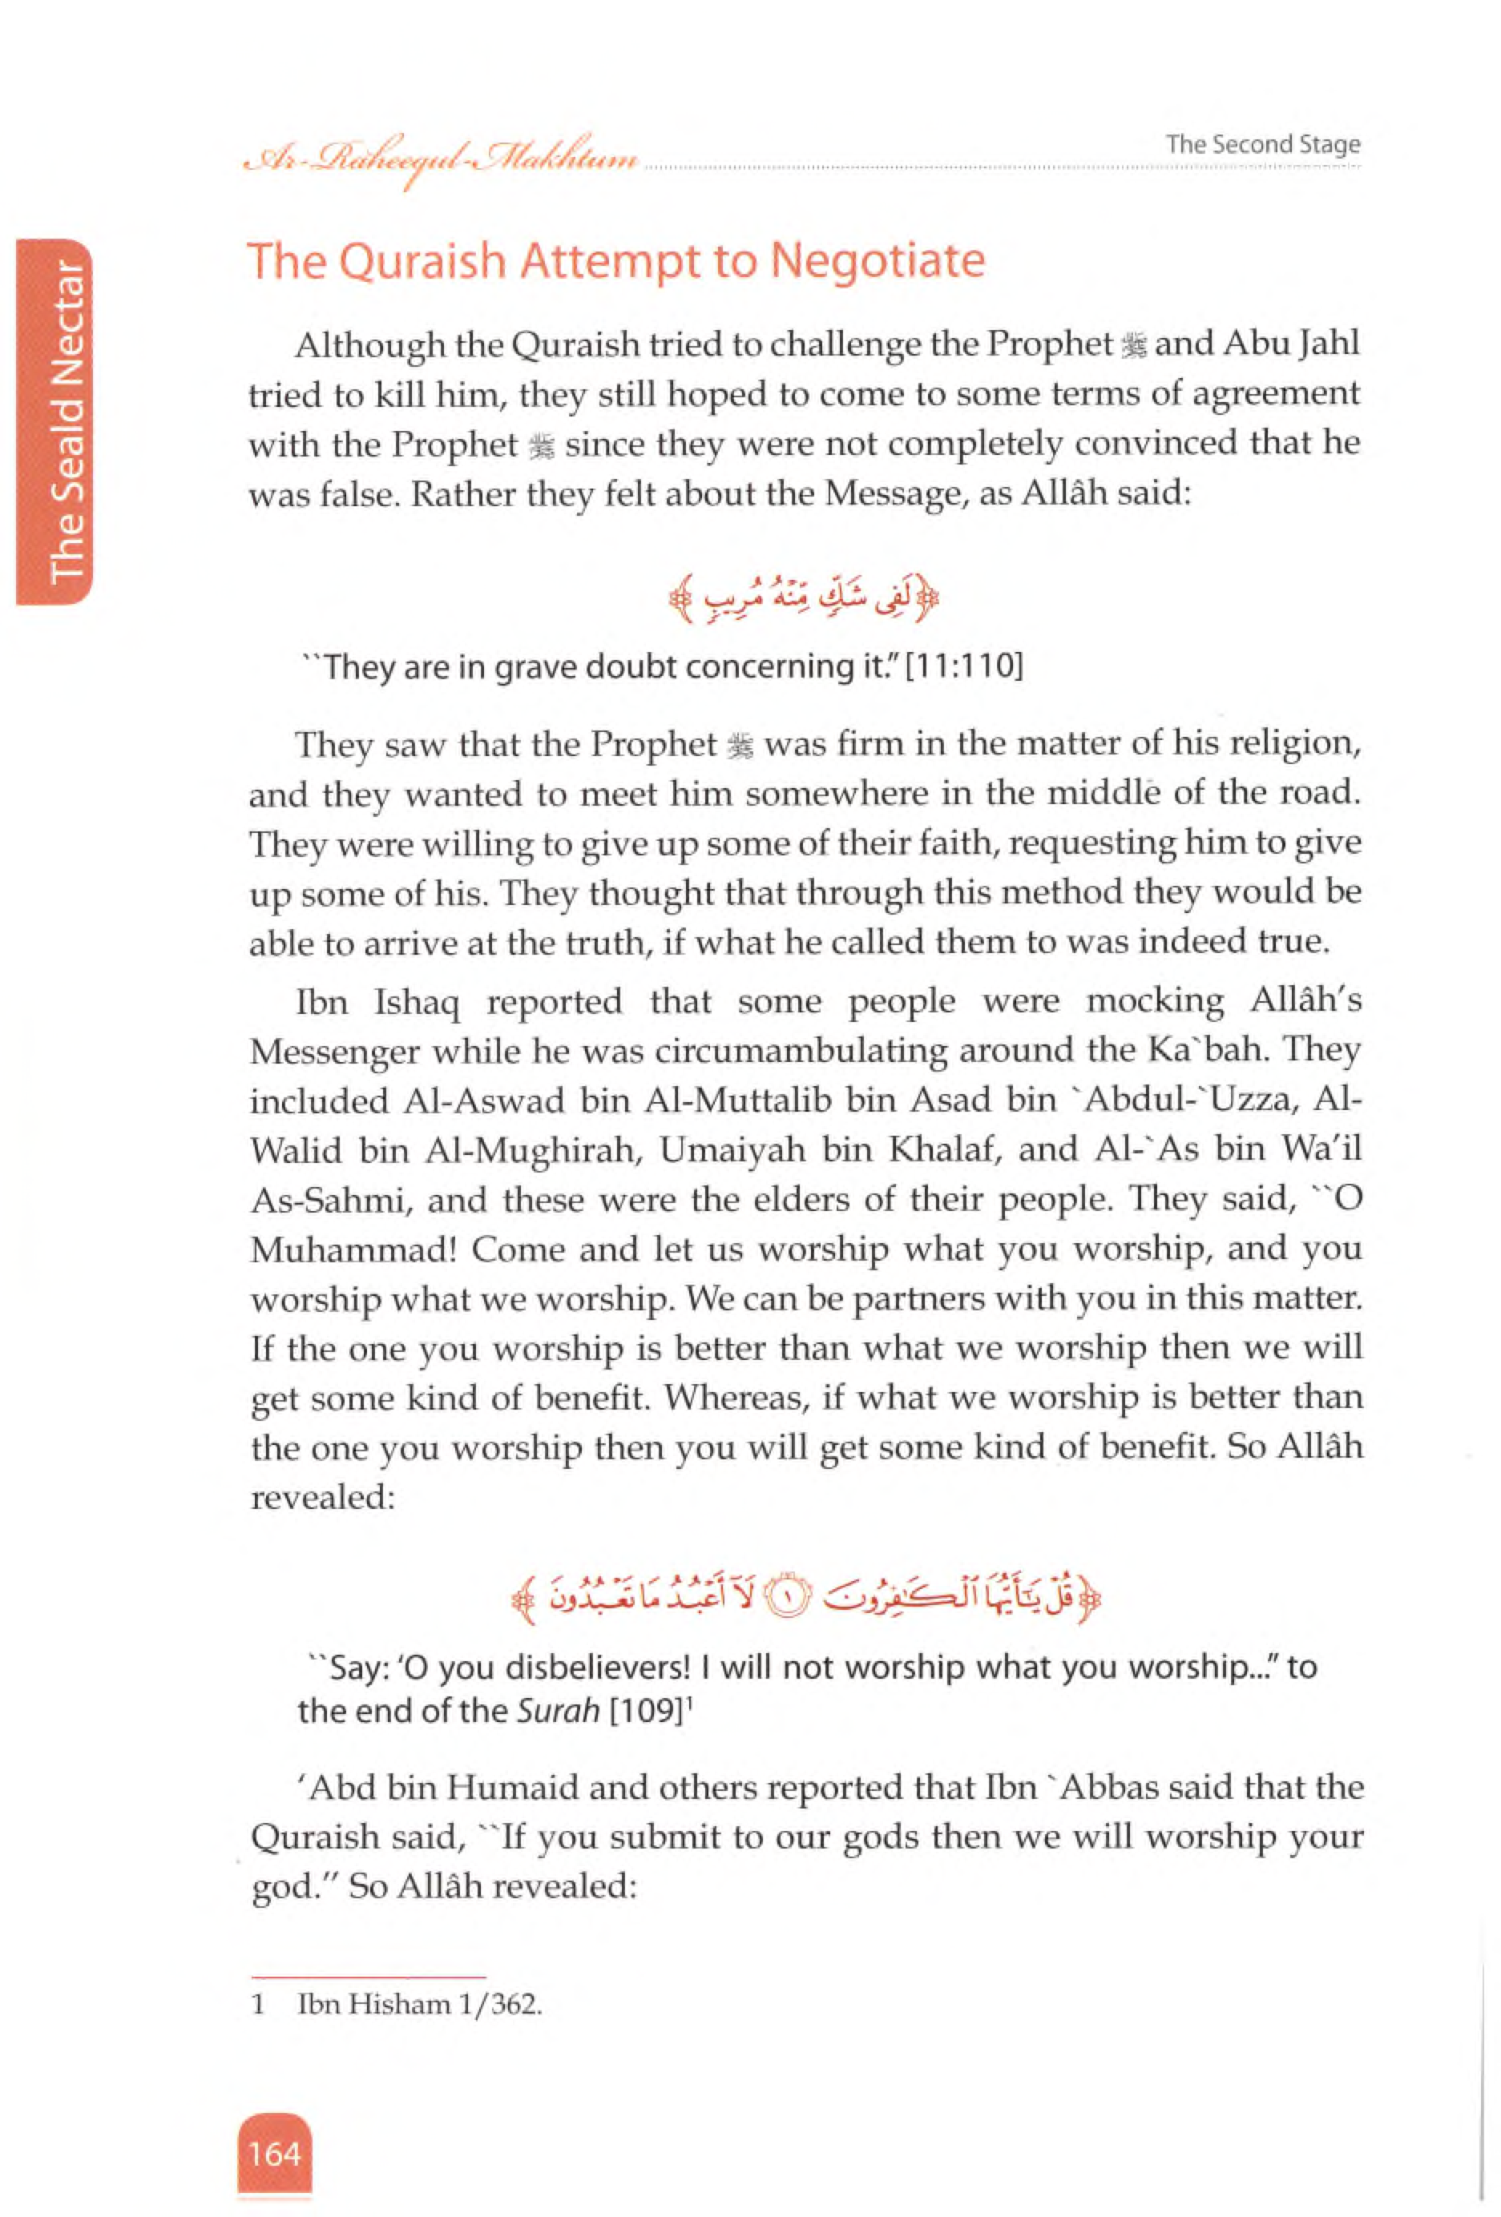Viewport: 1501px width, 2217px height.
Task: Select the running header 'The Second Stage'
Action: (x=1262, y=145)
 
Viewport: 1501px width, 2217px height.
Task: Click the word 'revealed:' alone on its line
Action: (x=322, y=1497)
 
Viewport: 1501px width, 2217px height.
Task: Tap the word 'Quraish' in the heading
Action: (x=421, y=261)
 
